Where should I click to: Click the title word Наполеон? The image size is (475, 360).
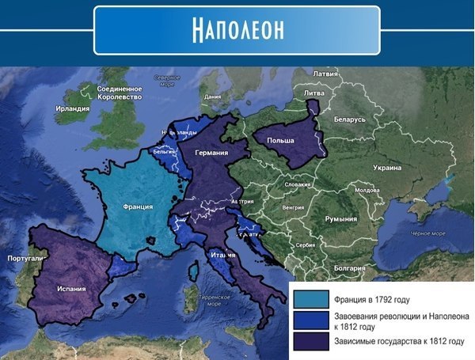pyautogui.click(x=237, y=29)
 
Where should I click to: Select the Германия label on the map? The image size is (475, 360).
pyautogui.click(x=213, y=153)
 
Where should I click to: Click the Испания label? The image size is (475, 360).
pyautogui.click(x=71, y=289)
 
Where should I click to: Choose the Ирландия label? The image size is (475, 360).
pyautogui.click(x=73, y=108)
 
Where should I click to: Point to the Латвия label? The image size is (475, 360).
pyautogui.click(x=326, y=74)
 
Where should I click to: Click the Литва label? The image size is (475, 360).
pyautogui.click(x=314, y=93)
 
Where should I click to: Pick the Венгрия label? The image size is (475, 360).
pyautogui.click(x=293, y=207)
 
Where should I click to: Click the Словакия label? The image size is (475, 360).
pyautogui.click(x=297, y=184)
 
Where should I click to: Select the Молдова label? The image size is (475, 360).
pyautogui.click(x=367, y=191)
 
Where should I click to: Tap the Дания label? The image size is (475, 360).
pyautogui.click(x=212, y=97)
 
